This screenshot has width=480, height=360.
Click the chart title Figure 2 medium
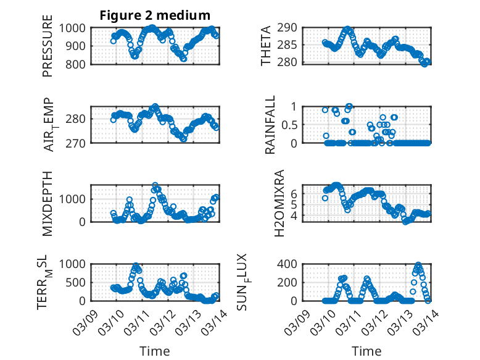(x=155, y=15)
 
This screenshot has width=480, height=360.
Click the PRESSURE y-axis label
(x=48, y=50)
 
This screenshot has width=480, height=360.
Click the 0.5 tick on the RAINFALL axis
(x=289, y=124)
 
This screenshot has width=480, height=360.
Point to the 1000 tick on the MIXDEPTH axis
(x=75, y=199)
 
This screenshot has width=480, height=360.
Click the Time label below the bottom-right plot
(x=366, y=351)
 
